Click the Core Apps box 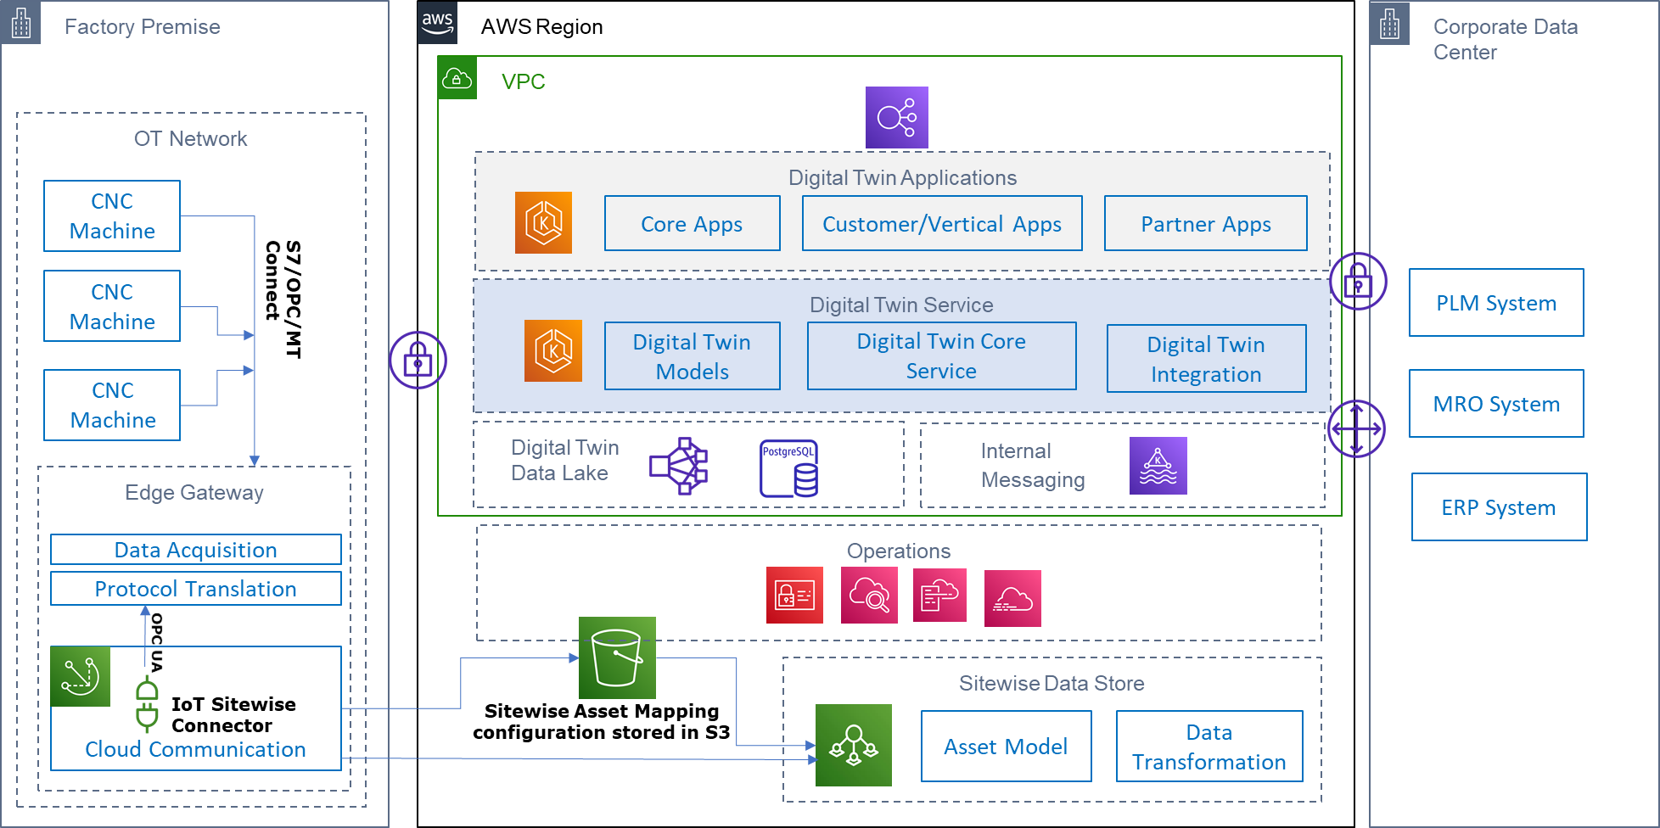point(692,223)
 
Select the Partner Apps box point(1205,223)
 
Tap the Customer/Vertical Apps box point(942,223)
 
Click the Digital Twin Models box point(692,356)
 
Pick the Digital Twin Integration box point(1206,359)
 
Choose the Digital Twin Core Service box point(941,356)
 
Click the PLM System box point(1496,303)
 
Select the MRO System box point(1496,404)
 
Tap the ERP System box point(1499,507)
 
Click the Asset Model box point(1006,747)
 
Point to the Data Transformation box point(1209,747)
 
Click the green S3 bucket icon point(617,657)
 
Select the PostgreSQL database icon point(788,468)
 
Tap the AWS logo point(437,23)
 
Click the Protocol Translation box point(195,589)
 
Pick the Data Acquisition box point(195,550)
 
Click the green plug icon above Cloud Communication point(147,704)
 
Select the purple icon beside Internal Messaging point(1158,466)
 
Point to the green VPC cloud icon point(457,78)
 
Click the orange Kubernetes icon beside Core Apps point(543,223)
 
